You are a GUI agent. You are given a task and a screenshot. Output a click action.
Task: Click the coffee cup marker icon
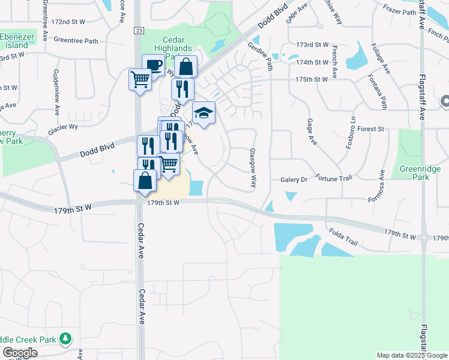[x=153, y=65]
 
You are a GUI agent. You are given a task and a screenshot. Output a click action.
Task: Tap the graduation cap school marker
[x=203, y=113]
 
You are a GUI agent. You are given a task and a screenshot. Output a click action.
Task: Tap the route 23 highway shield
[x=139, y=30]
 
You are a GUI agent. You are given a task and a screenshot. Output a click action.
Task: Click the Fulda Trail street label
[x=343, y=238]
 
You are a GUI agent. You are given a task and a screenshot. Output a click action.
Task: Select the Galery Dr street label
[x=294, y=179]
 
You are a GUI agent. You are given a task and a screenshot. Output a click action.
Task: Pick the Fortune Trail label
[x=335, y=178]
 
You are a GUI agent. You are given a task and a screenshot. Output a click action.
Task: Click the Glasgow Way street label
[x=253, y=169]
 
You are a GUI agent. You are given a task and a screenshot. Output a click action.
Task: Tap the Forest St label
[x=370, y=129]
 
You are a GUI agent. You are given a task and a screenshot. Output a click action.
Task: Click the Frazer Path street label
[x=399, y=11]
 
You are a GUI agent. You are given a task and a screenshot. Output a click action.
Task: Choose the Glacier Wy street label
[x=63, y=127]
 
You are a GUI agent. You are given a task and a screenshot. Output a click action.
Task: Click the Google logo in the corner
[x=20, y=353]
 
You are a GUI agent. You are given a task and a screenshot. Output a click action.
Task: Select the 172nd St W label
[x=68, y=21]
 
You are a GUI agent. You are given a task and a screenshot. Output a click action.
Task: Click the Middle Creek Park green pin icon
[x=65, y=340]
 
